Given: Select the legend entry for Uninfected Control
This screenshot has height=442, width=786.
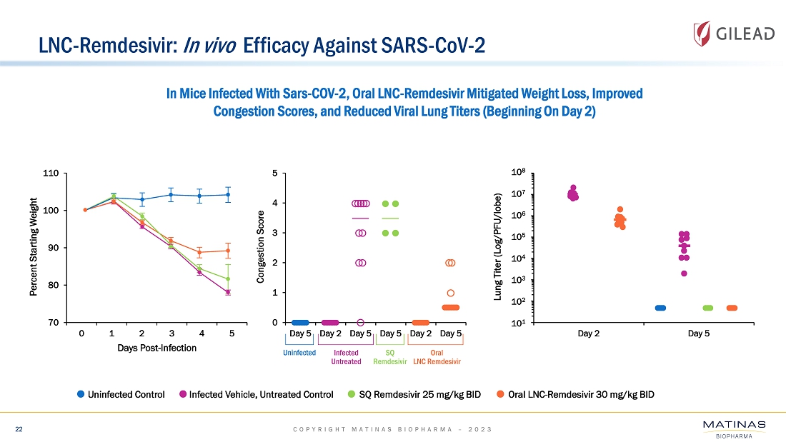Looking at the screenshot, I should pyautogui.click(x=121, y=395).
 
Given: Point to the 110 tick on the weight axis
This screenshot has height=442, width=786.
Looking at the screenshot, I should pyautogui.click(x=51, y=174).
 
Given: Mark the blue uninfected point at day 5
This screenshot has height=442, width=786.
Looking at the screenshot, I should pyautogui.click(x=228, y=194).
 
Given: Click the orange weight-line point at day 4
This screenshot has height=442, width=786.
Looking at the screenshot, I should pyautogui.click(x=199, y=253).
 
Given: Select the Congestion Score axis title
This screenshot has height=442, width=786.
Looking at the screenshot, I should pyautogui.click(x=262, y=247).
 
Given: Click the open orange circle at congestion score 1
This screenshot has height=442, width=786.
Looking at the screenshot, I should pyautogui.click(x=451, y=293).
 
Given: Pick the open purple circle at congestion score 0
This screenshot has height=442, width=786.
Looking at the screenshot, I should pyautogui.click(x=361, y=323).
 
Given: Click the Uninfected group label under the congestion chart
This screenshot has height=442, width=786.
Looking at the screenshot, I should pyautogui.click(x=299, y=353).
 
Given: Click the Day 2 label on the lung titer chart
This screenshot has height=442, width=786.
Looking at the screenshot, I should pyautogui.click(x=588, y=333).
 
